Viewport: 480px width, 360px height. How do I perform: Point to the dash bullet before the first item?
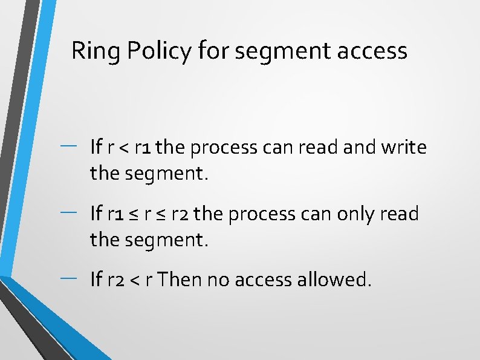pos(68,144)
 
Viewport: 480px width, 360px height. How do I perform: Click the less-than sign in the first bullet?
pos(122,148)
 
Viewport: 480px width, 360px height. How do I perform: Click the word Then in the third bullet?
pos(183,280)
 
